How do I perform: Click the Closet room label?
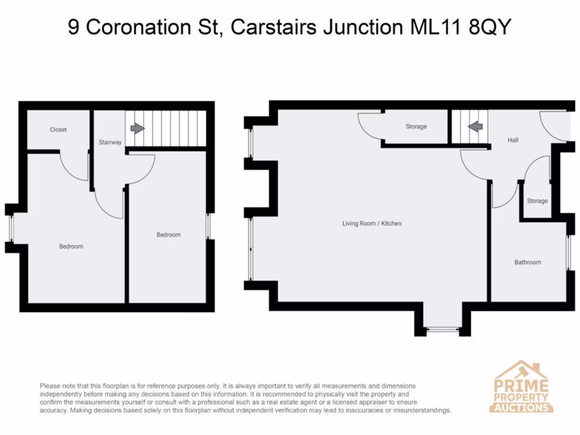coord(58,130)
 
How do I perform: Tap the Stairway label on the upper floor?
coord(110,142)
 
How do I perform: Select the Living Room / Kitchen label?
coord(372,224)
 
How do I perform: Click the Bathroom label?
coord(527,262)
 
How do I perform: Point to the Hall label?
coord(513,140)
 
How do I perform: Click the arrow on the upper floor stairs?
coord(137,128)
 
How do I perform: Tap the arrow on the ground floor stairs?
coord(475,127)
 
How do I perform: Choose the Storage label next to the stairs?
coord(416,126)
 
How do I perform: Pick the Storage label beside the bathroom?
coord(537,201)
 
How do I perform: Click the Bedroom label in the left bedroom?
coord(71,246)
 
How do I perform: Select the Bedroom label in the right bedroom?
coord(168,234)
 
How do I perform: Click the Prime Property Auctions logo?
coord(521,387)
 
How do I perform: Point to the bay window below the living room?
coord(443,329)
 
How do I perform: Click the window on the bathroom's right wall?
coord(569,251)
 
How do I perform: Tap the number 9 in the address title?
coord(73,27)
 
